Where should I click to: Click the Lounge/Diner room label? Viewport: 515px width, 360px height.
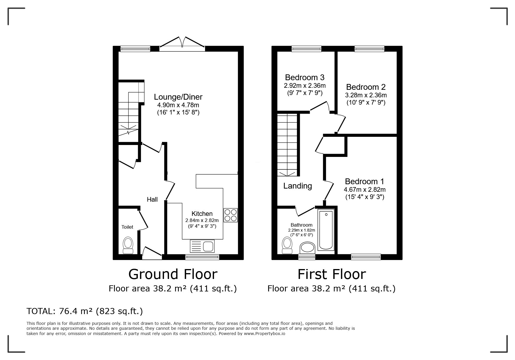coord(178,97)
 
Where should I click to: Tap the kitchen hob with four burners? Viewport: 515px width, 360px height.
coord(231,215)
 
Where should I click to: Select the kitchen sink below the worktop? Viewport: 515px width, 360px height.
coord(202,246)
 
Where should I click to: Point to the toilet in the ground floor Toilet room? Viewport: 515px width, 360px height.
coord(128,246)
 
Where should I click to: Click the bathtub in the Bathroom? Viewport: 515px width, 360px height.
coord(326,230)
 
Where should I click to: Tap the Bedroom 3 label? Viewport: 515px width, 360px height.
coord(305,77)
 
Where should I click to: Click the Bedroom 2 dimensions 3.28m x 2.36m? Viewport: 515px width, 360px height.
coord(366,95)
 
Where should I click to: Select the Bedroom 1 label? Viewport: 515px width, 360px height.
coord(364,182)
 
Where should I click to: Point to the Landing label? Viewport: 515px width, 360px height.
coord(297,186)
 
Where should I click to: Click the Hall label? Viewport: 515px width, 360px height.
coord(152,199)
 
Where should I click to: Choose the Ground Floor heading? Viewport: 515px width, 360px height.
coord(173,274)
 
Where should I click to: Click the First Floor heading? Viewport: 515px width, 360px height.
coord(332,274)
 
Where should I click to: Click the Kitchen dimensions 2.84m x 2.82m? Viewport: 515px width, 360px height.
coord(202,220)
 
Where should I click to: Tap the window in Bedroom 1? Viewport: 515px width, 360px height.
coord(366,257)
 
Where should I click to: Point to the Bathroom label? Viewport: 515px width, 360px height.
coord(302,225)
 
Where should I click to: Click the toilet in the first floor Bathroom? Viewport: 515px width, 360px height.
coord(287,246)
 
